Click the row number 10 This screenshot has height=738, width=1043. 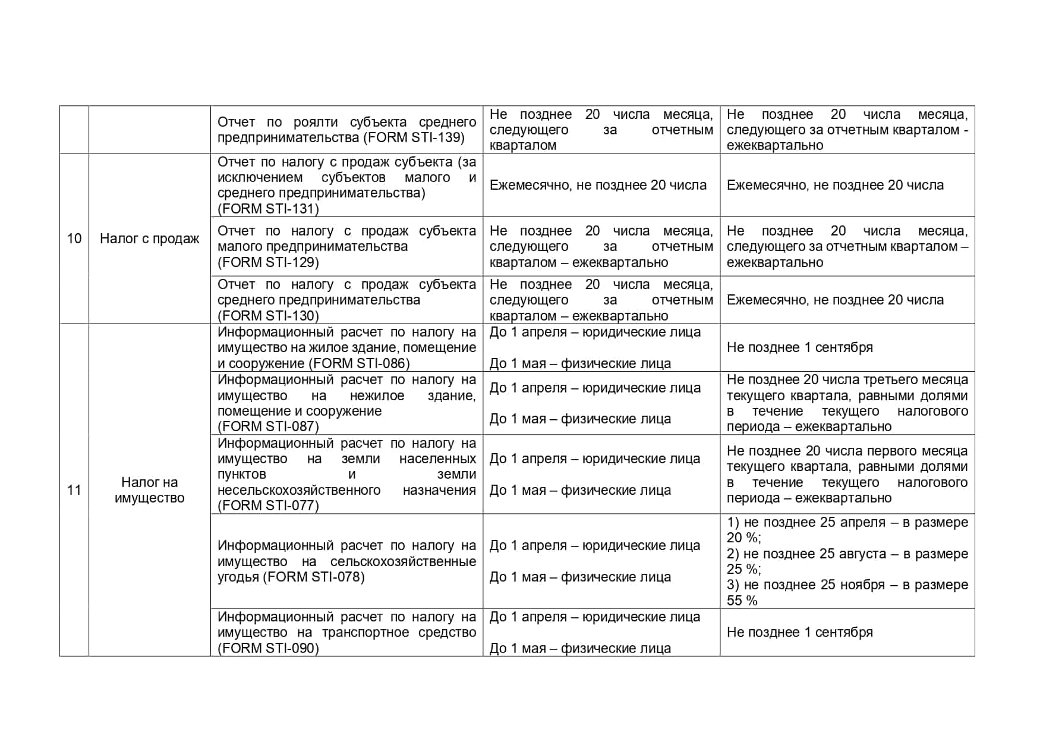[74, 238]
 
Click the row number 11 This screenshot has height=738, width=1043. [74, 490]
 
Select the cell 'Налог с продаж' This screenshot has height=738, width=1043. [149, 238]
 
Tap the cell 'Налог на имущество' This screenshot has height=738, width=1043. [149, 490]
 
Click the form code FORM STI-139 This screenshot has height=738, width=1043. [414, 137]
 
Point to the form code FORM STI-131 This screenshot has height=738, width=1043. [268, 209]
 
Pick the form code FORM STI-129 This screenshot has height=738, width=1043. [268, 262]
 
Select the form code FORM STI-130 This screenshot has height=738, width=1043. [268, 316]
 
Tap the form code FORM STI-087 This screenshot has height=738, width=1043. [268, 426]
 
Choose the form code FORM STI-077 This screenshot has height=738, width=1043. [268, 505]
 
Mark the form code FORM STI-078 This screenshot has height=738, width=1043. [314, 577]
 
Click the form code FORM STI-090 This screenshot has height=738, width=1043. [268, 648]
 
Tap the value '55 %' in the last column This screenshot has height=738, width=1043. [742, 601]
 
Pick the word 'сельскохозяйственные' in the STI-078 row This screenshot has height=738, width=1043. [403, 561]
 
